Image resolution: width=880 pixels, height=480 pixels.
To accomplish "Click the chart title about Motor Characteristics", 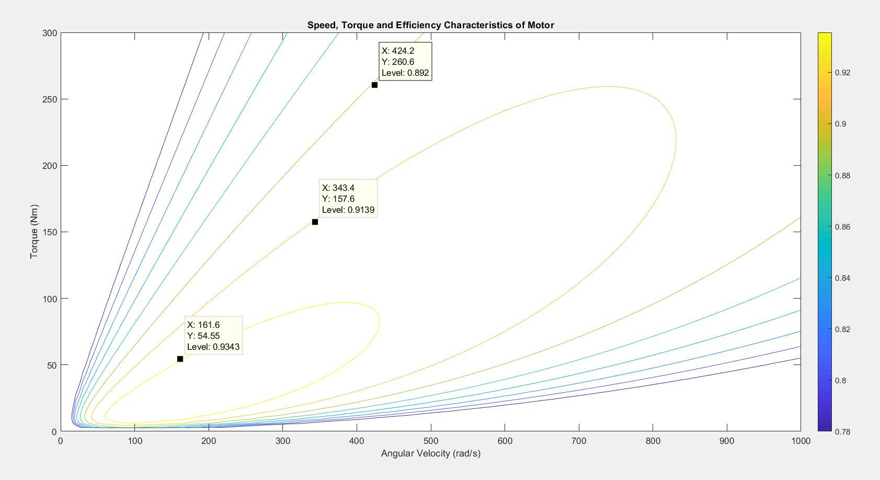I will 430,25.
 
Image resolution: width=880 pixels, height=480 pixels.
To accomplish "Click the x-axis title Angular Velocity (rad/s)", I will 430,453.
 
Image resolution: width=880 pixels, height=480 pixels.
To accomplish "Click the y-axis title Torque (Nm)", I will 35,232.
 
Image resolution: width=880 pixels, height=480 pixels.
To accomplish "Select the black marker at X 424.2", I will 374,85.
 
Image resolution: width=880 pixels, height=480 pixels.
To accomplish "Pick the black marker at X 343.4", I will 315,222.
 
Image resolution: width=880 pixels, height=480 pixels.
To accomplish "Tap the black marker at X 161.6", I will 180,359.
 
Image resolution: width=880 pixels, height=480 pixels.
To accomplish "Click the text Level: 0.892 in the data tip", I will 405,73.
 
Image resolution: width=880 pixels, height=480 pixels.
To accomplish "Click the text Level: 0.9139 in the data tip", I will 348,210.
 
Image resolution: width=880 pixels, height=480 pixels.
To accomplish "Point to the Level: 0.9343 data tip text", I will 213,347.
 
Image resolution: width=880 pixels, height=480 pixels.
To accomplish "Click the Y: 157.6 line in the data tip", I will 338,199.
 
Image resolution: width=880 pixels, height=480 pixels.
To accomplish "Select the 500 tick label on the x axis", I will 431,441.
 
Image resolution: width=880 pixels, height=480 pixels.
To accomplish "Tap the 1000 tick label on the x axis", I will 800,441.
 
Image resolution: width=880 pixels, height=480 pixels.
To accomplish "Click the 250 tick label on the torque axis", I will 50,99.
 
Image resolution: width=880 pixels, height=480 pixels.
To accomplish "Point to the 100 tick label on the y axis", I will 50,299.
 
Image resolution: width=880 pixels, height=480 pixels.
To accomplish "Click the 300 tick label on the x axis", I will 283,441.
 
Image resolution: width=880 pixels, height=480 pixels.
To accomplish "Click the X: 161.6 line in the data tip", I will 203,325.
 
